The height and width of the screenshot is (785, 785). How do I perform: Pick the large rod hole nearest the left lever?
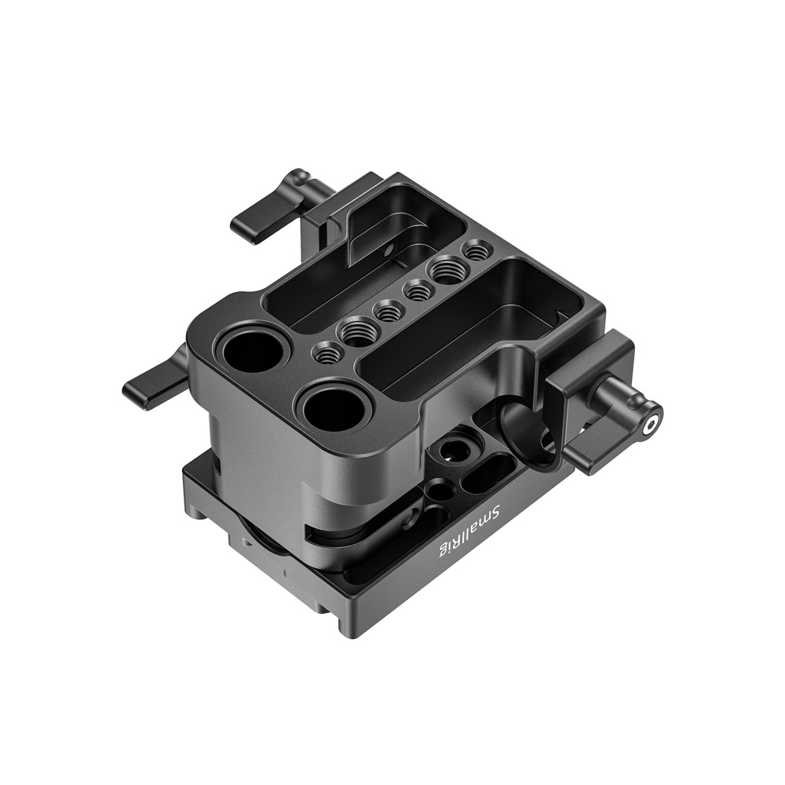(x=254, y=350)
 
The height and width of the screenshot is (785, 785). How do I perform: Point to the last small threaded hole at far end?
(x=475, y=251)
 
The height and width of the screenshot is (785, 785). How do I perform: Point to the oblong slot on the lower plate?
(x=481, y=475)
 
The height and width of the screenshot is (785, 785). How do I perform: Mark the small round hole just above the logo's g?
(x=433, y=518)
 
